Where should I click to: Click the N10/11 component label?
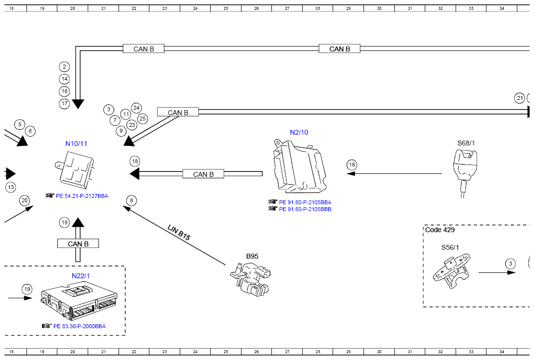(76, 144)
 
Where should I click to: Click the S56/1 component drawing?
(452, 271)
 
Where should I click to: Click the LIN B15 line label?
(179, 233)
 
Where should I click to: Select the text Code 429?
(440, 230)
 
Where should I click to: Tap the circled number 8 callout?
(131, 201)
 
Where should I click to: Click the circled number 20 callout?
(24, 200)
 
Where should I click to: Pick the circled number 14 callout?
(64, 79)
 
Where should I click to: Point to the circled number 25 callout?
(143, 119)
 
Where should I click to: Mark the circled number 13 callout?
(11, 187)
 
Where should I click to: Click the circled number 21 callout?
(520, 98)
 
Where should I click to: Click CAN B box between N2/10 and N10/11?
(203, 174)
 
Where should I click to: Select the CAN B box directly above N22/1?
(78, 243)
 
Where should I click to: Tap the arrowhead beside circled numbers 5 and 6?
(23, 141)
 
